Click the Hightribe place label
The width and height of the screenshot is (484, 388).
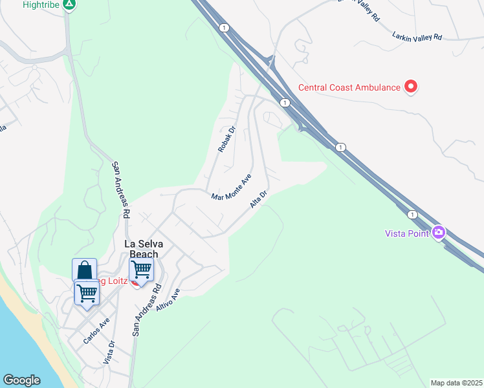click(40, 5)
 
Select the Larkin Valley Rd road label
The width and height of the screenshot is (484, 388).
click(417, 37)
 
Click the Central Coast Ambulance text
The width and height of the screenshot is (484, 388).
click(349, 87)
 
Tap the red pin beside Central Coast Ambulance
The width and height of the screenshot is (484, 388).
click(410, 86)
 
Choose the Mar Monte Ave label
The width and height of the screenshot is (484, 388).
click(231, 188)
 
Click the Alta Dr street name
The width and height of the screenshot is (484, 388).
click(259, 199)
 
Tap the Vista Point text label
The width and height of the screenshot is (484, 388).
click(407, 233)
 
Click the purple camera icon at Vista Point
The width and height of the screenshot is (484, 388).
click(439, 232)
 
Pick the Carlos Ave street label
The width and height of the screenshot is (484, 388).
click(96, 330)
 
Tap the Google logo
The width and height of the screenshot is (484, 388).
click(21, 381)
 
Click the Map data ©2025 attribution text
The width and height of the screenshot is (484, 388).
click(456, 383)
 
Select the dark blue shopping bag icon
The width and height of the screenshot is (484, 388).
click(84, 270)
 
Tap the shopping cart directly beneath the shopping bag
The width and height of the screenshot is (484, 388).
click(86, 292)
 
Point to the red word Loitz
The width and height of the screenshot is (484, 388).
click(114, 281)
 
